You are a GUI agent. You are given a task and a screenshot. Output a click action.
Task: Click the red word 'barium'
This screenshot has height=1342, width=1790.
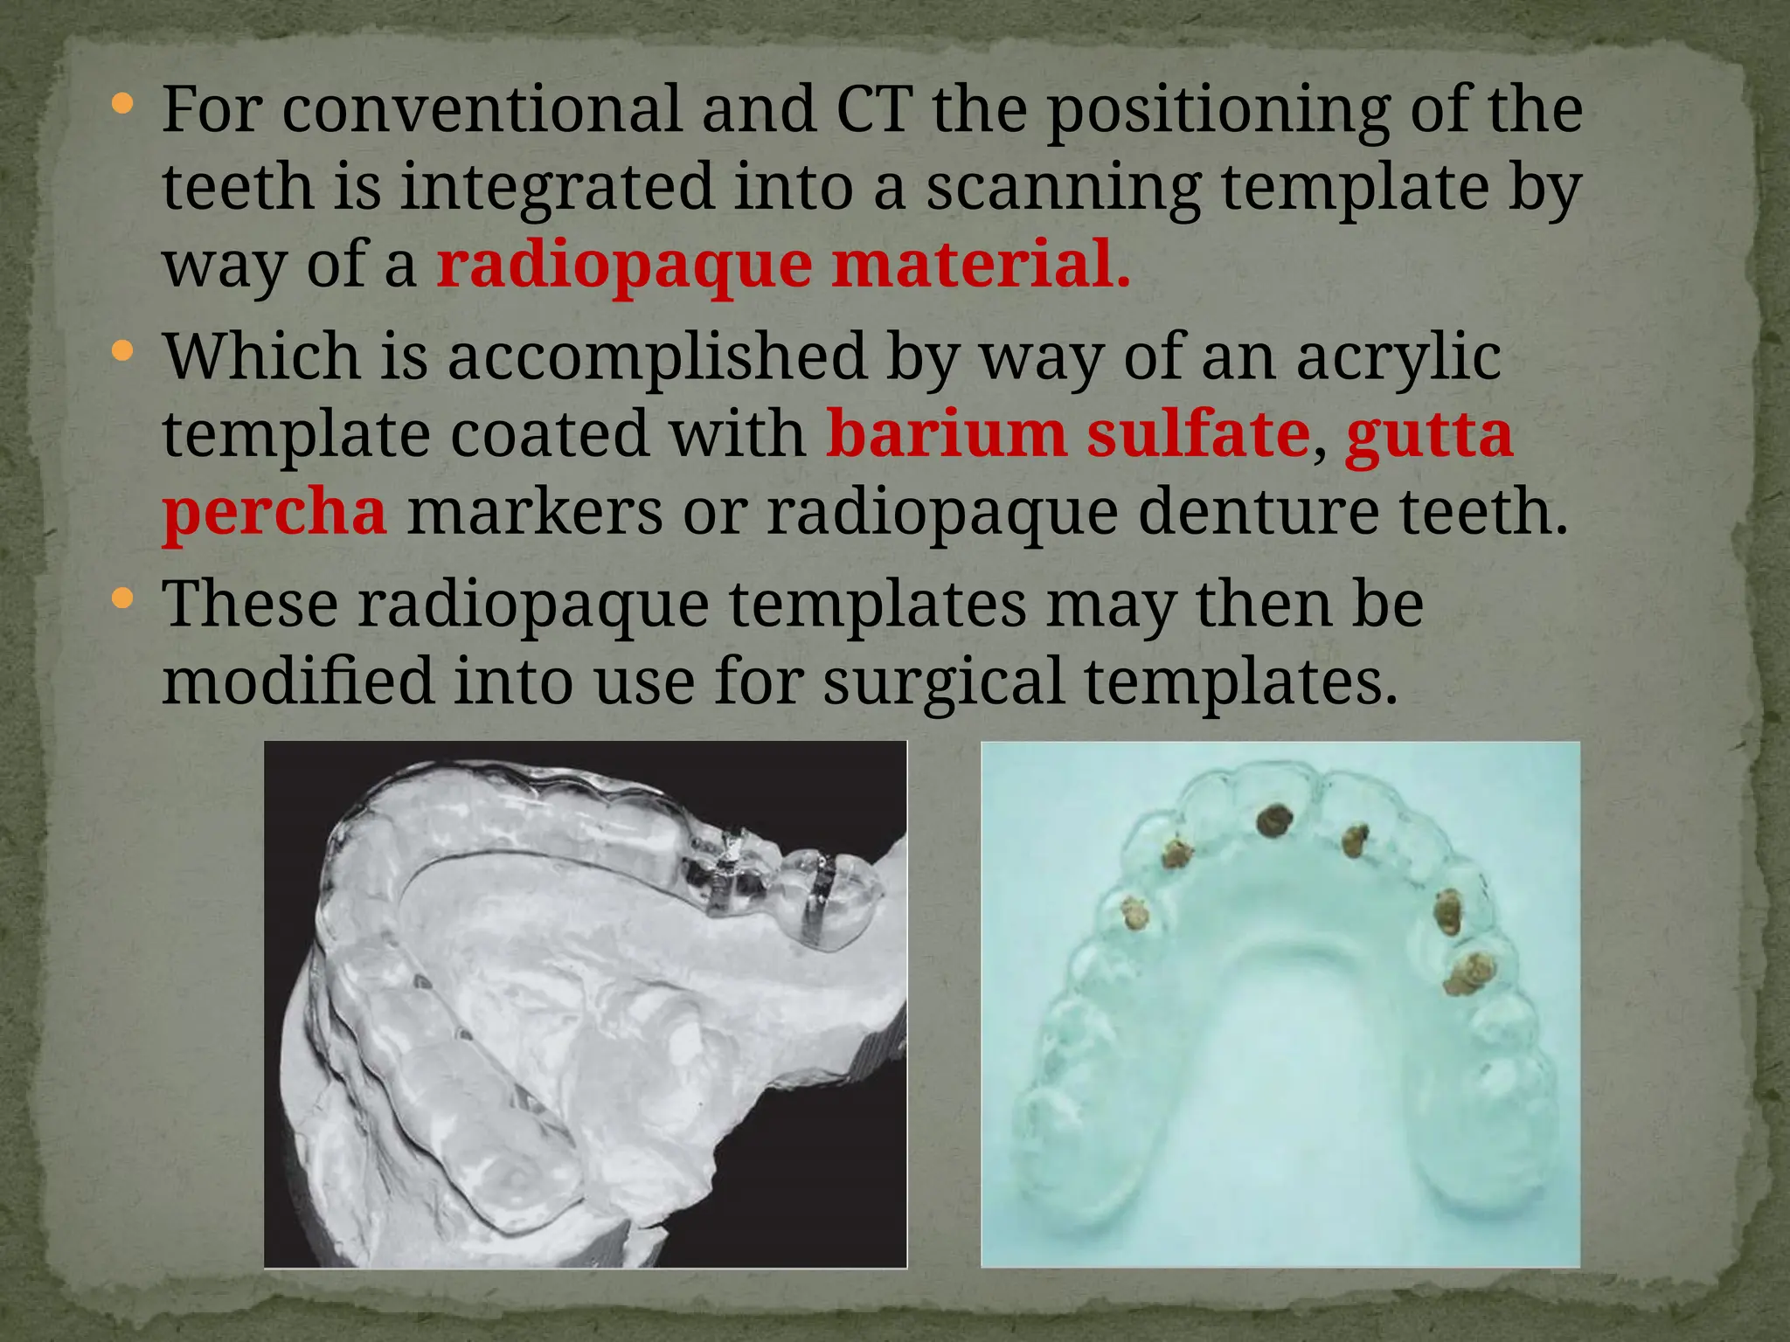pyautogui.click(x=945, y=434)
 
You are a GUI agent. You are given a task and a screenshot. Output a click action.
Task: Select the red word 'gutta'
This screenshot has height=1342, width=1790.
pyautogui.click(x=1428, y=434)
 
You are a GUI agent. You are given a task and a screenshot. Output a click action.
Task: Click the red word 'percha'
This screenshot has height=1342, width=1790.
pyautogui.click(x=274, y=512)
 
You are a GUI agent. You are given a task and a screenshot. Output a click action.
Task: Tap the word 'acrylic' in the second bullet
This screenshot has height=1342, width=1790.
pyautogui.click(x=1398, y=357)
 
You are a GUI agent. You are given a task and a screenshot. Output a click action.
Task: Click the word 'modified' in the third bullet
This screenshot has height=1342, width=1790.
pyautogui.click(x=298, y=681)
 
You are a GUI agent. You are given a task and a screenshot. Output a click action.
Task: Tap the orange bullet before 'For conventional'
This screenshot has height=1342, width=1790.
pyautogui.click(x=123, y=105)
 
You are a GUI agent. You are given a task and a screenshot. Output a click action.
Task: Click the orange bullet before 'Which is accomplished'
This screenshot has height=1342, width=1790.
pyautogui.click(x=123, y=352)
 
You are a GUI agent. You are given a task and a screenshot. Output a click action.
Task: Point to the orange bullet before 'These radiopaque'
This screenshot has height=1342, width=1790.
pyautogui.click(x=123, y=598)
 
